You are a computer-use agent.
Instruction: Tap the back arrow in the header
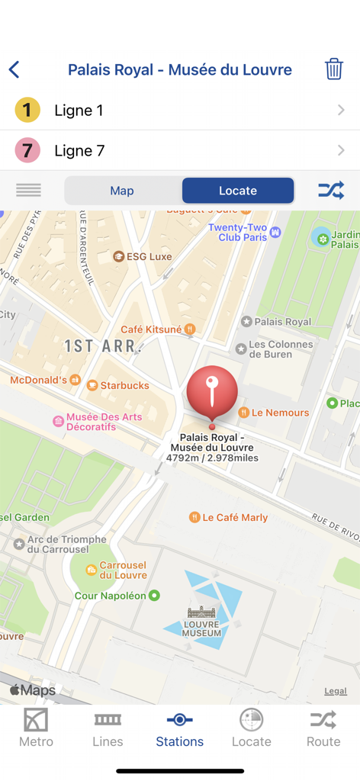[x=14, y=70]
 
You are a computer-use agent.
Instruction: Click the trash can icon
[x=333, y=69]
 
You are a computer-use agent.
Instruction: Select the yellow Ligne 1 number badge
[x=27, y=111]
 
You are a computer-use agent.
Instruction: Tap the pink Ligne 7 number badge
[x=27, y=150]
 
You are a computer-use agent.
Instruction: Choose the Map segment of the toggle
[x=122, y=191]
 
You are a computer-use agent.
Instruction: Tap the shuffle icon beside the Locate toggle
[x=331, y=191]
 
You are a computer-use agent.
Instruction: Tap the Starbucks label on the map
[x=124, y=385]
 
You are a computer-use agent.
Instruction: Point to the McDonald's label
[x=40, y=379]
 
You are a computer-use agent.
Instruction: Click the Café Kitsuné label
[x=152, y=329]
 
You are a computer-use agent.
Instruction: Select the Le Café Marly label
[x=235, y=517]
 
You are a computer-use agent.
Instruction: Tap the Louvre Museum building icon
[x=201, y=612]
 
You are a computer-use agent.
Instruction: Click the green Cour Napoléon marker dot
[x=154, y=596]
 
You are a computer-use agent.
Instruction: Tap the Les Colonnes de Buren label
[x=281, y=349]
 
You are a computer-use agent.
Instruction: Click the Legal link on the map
[x=336, y=691]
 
